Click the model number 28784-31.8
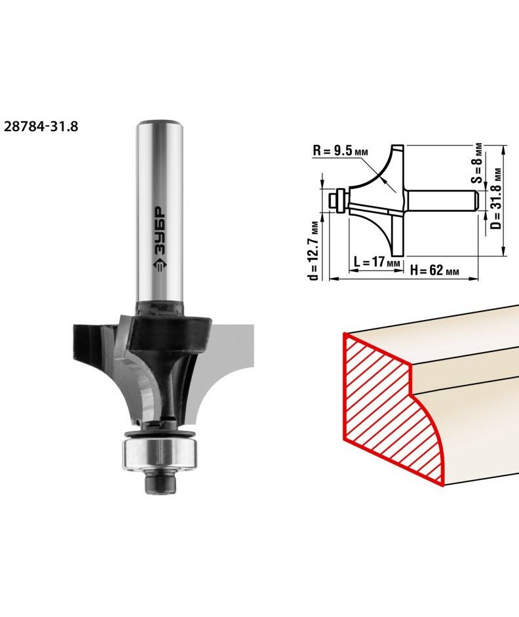click(x=41, y=127)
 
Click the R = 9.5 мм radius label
click(x=340, y=151)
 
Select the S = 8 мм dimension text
click(x=477, y=162)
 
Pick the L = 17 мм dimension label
click(x=377, y=261)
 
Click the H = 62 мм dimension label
click(x=434, y=270)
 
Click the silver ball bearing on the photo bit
click(x=160, y=453)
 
